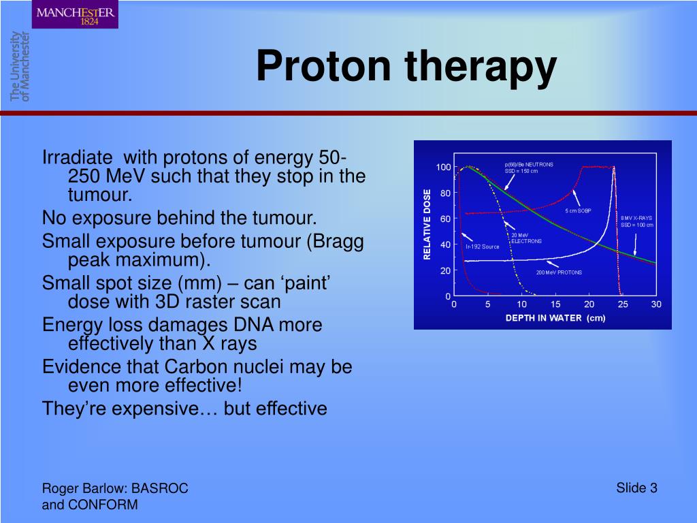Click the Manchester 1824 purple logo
[75, 15]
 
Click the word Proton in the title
[323, 66]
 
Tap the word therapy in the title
[481, 68]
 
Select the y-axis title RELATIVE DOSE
[427, 225]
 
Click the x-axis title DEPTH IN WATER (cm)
[555, 318]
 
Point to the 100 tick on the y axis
[443, 168]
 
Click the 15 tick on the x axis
[555, 304]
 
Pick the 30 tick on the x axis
[656, 304]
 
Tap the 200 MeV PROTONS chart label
[559, 272]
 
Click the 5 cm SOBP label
[578, 210]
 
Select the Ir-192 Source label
[483, 247]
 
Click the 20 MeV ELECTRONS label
[526, 238]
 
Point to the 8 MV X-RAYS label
[637, 221]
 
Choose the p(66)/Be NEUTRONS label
[529, 168]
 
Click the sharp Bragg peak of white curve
[614, 168]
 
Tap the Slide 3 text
[636, 488]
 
